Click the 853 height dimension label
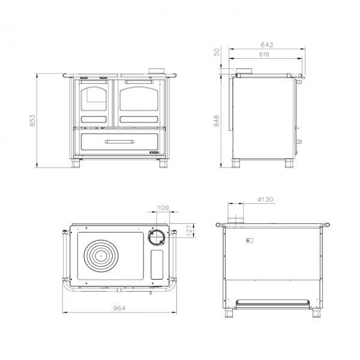point(32,121)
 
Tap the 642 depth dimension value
point(267,45)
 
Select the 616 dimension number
point(264,55)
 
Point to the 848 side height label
point(217,121)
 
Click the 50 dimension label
point(217,52)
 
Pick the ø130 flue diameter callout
point(266,199)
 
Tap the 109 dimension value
point(163,208)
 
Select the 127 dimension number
point(190,230)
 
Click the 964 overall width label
point(119,308)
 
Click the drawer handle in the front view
point(119,142)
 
